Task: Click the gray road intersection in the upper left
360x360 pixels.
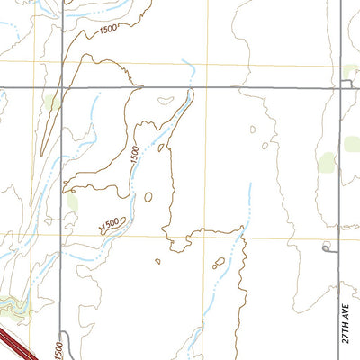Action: point(63,87)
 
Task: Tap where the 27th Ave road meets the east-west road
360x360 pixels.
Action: point(341,87)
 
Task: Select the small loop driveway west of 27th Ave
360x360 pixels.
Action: point(326,246)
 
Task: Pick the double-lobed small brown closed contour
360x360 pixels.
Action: point(218,264)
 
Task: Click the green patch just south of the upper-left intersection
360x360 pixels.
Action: point(54,103)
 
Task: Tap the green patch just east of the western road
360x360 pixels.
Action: point(72,202)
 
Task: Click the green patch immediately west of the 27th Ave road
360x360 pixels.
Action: point(327,163)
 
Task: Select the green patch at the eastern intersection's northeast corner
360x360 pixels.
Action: point(352,71)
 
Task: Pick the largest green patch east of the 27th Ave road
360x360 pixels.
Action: point(352,144)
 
